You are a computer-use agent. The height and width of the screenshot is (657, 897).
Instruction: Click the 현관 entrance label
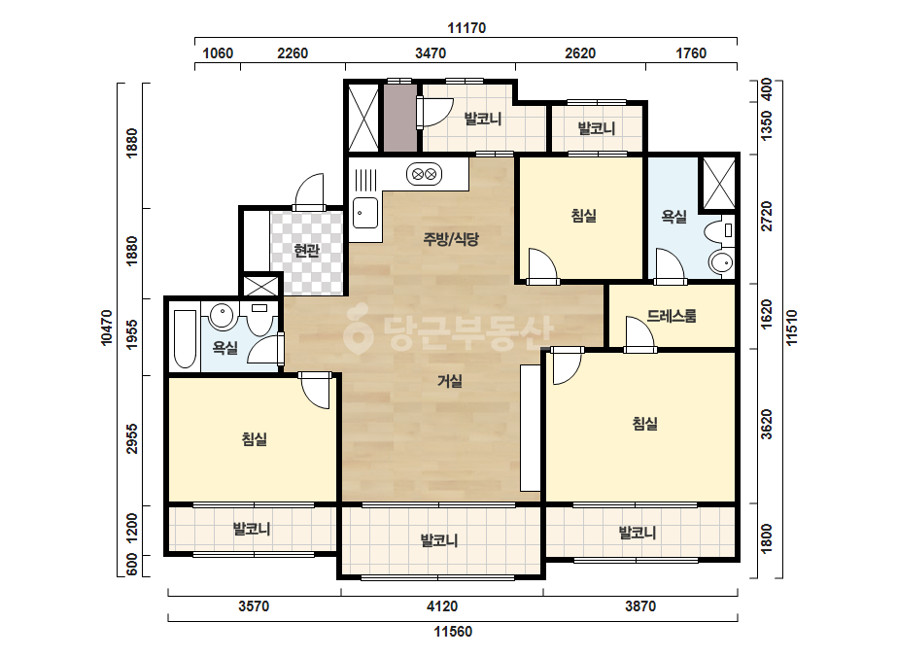click(307, 250)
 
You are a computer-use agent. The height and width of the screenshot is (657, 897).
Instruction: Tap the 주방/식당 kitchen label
click(451, 239)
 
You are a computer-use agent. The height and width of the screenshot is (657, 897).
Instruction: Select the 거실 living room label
click(450, 381)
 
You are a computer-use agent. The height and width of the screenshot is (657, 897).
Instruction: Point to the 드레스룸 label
click(672, 315)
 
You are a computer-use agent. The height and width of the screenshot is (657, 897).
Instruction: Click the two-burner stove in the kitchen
click(424, 173)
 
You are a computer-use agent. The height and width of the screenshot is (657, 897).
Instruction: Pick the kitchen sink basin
click(364, 213)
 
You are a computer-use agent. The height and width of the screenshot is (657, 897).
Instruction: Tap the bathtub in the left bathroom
click(185, 339)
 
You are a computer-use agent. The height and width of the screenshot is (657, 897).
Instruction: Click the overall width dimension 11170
click(466, 27)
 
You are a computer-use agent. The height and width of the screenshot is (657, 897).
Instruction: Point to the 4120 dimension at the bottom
click(442, 606)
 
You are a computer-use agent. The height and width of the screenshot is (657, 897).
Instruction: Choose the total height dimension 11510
click(792, 328)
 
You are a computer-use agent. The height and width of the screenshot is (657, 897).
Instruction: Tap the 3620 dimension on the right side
click(767, 424)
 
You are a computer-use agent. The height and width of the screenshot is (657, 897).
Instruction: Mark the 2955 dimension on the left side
click(132, 439)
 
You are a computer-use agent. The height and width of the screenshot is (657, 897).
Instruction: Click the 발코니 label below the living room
click(438, 540)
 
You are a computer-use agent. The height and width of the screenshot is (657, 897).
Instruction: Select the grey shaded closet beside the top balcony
click(399, 118)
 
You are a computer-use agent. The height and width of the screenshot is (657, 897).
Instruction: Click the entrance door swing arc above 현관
click(309, 189)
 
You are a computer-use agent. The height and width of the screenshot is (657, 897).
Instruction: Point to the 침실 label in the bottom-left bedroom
click(254, 439)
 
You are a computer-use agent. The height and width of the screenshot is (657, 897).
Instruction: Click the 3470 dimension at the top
click(431, 53)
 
